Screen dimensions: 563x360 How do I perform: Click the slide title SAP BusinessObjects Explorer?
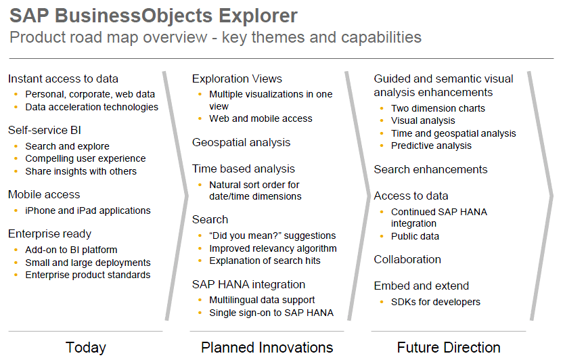(x=154, y=16)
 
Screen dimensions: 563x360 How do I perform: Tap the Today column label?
(x=86, y=347)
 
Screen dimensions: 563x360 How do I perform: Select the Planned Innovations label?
(x=267, y=347)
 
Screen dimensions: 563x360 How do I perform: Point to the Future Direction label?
(x=449, y=347)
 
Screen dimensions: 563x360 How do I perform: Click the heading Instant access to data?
(x=63, y=78)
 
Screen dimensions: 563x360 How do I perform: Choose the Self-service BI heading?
(x=45, y=130)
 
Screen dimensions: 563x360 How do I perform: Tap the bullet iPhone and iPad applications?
(x=88, y=210)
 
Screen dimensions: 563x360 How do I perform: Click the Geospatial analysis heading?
(x=241, y=143)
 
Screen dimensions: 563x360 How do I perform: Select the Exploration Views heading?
(x=237, y=78)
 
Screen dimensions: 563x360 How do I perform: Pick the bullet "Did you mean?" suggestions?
(x=273, y=235)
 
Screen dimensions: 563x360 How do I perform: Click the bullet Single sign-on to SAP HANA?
(x=271, y=313)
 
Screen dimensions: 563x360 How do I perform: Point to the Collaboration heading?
(x=407, y=259)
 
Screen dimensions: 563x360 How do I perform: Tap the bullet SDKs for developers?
(x=436, y=302)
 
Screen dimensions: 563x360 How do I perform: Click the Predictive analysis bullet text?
(x=431, y=145)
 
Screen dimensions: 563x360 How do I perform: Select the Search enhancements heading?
(x=430, y=169)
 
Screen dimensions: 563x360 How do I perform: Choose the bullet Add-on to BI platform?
(x=71, y=250)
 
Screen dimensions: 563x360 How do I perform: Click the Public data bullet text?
(x=415, y=236)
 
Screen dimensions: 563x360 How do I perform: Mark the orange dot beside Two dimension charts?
(x=382, y=108)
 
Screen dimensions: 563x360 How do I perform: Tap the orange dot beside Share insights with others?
(x=16, y=171)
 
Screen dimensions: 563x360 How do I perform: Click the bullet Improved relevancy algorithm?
(x=273, y=248)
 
